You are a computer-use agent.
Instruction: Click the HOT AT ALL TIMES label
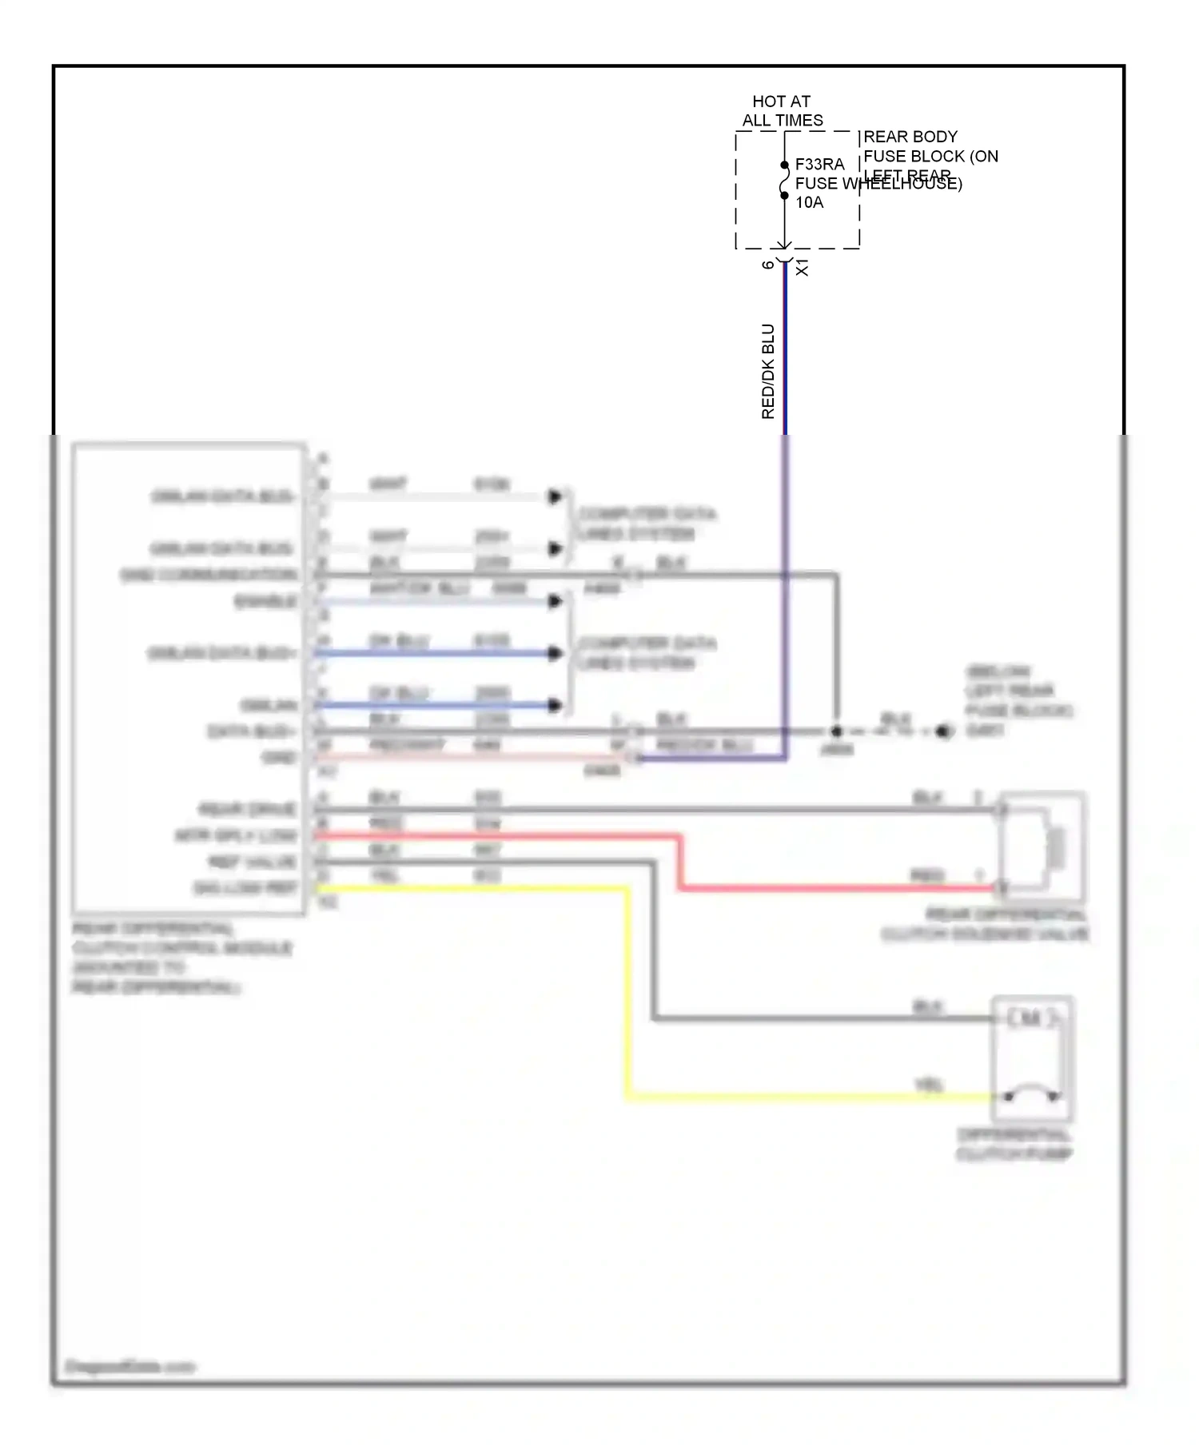pos(782,111)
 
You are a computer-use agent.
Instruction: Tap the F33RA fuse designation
pos(819,164)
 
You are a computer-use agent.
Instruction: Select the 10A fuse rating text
pos(809,202)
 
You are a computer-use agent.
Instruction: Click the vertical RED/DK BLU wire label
pos(768,371)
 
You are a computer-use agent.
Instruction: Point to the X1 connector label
pos(803,267)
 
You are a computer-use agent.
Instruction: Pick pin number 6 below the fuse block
pos(768,265)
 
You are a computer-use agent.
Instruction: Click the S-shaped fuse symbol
pos(784,181)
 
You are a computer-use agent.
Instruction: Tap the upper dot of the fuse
pos(784,165)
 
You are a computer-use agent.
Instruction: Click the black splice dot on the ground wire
pos(837,731)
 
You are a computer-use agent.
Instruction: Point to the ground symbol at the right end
pos(945,731)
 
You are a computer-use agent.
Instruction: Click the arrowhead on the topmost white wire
pos(555,496)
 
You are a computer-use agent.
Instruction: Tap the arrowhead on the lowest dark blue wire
pos(555,705)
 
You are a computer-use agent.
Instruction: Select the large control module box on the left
pos(189,678)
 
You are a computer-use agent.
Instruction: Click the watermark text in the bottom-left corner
pos(129,1366)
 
